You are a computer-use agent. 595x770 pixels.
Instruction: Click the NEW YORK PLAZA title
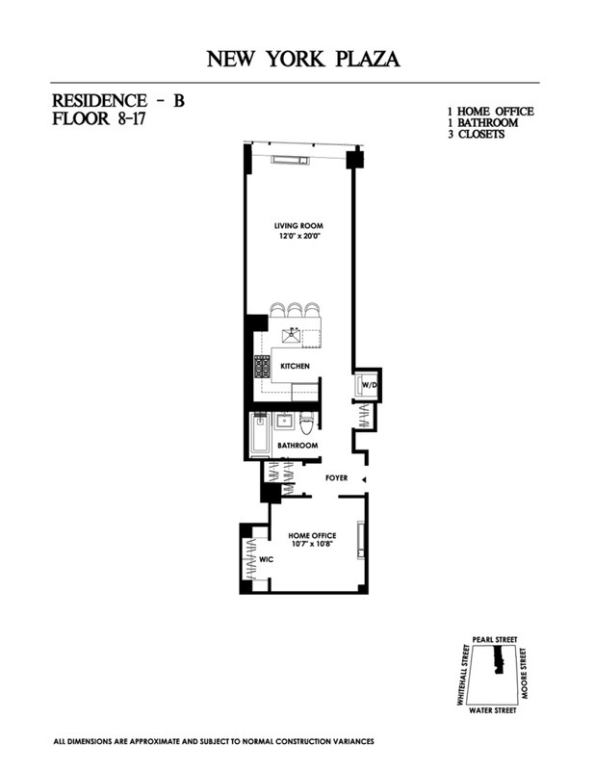pyautogui.click(x=303, y=61)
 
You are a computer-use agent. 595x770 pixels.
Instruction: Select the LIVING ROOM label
pyautogui.click(x=297, y=227)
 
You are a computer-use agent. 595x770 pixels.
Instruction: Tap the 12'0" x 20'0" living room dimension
pyautogui.click(x=297, y=237)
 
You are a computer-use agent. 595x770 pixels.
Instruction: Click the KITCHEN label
pyautogui.click(x=295, y=367)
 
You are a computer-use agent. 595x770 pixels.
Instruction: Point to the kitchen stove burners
pyautogui.click(x=261, y=367)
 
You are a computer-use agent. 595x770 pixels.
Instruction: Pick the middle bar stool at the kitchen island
pyautogui.click(x=294, y=310)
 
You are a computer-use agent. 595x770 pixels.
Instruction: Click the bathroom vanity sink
pyautogui.click(x=284, y=422)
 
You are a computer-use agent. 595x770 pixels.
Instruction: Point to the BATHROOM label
pyautogui.click(x=297, y=446)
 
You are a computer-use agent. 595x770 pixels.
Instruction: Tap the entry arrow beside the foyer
pyautogui.click(x=364, y=478)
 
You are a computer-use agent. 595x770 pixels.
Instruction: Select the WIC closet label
pyautogui.click(x=267, y=557)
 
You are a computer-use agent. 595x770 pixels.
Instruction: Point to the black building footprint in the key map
pyautogui.click(x=498, y=659)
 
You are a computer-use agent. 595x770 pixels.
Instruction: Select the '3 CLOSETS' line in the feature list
pyautogui.click(x=469, y=135)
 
